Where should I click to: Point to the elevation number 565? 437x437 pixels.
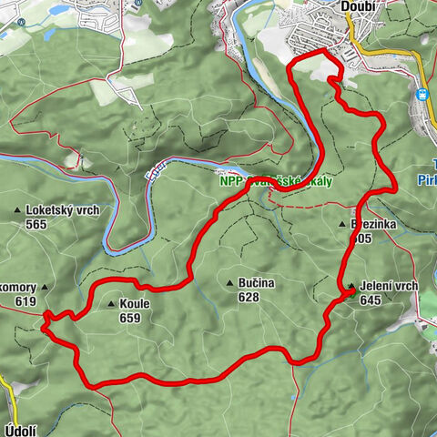(x=36, y=225)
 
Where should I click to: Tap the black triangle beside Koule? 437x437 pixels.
(x=112, y=305)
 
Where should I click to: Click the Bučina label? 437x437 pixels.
(x=256, y=283)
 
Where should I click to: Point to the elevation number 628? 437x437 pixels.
(x=249, y=297)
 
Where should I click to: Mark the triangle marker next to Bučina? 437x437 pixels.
(x=231, y=283)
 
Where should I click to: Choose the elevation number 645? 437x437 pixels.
(x=370, y=300)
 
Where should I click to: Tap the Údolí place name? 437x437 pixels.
(x=20, y=425)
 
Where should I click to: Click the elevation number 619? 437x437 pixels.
(x=25, y=302)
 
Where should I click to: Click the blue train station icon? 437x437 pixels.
(x=422, y=93)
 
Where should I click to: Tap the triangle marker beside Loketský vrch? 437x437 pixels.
(x=18, y=211)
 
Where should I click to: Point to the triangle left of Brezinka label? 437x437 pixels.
(x=342, y=224)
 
